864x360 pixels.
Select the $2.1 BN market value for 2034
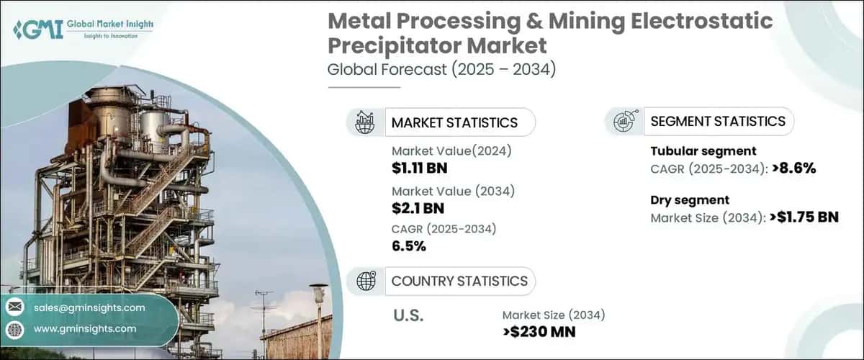pos(418,209)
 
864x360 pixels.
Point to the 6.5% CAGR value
pos(409,246)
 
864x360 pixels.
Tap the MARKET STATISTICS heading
pos(454,122)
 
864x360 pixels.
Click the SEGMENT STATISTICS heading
pos(717,122)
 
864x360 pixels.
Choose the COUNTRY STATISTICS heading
pos(459,281)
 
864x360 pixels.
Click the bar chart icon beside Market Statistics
pos(364,122)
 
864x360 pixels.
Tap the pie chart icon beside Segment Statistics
pos(623,122)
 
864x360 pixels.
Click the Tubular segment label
pos(703,151)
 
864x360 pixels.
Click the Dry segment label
pos(690,200)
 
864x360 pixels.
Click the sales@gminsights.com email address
pos(89,307)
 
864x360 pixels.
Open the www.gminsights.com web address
pos(85,328)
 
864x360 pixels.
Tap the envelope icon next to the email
pos(14,307)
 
